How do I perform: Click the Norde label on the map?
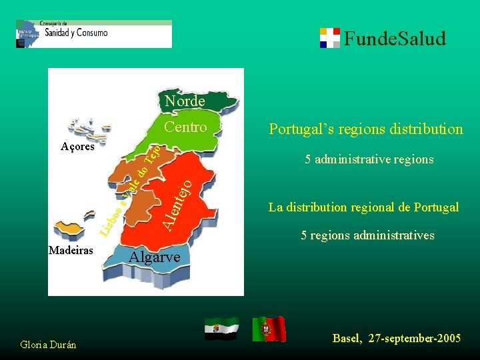click(x=185, y=101)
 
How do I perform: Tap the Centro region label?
click(x=185, y=127)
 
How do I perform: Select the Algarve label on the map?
click(x=154, y=257)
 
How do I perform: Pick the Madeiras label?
click(x=71, y=250)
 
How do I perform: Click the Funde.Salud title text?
click(x=395, y=39)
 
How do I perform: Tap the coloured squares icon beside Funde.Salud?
click(x=329, y=38)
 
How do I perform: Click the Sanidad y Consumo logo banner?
click(x=93, y=33)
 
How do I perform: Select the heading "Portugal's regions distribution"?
click(x=365, y=129)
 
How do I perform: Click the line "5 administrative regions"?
click(x=369, y=159)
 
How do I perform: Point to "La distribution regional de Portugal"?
click(x=363, y=207)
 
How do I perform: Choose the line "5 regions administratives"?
click(x=367, y=235)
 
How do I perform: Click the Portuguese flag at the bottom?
click(x=269, y=329)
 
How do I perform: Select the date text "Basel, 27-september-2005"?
click(x=396, y=339)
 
